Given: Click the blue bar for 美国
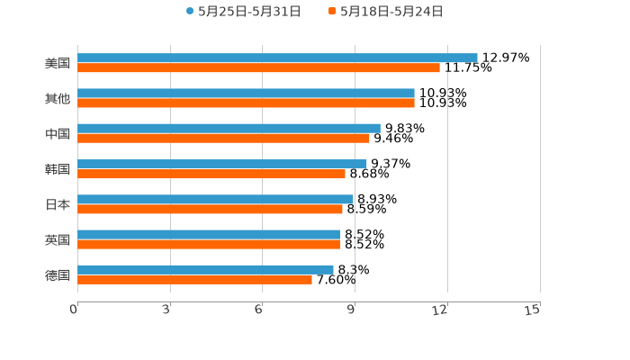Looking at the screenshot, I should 277,58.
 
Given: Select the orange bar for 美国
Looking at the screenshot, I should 258,67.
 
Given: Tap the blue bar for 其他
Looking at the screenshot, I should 246,93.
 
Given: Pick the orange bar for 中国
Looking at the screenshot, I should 223,138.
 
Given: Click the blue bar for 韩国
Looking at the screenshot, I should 222,164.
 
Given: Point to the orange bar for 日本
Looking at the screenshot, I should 210,209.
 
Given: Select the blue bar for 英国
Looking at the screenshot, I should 209,234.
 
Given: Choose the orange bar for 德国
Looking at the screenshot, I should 194,279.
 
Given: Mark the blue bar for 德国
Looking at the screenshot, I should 205,269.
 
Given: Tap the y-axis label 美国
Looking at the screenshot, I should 58,63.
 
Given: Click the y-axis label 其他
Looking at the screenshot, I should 58,98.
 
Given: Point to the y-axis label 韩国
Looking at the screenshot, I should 58,169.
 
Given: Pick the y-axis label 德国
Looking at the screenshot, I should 58,274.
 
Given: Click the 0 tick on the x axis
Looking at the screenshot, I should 75,310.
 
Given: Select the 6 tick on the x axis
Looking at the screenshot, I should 259,310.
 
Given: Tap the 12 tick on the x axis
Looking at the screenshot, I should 441,310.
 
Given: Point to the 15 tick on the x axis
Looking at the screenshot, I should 533,310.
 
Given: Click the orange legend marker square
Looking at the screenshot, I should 332,12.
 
